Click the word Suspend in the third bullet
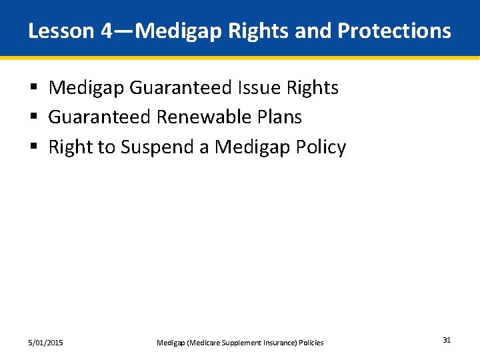pyautogui.click(x=158, y=147)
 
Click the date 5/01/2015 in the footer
pyautogui.click(x=46, y=343)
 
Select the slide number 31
pyautogui.click(x=447, y=341)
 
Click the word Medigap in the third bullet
pyautogui.click(x=247, y=147)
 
